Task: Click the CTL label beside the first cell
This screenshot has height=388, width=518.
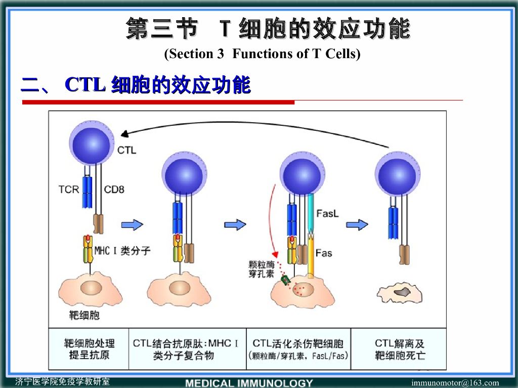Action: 126,150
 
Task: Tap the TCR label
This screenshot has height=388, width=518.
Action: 69,190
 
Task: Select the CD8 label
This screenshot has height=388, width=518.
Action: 114,190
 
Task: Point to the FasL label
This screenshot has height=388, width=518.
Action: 327,214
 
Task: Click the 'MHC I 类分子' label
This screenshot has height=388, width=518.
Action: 122,250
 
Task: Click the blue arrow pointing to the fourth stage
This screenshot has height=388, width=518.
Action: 357,224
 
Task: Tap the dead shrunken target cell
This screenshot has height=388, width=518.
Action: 403,291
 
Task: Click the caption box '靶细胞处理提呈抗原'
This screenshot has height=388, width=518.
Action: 89,349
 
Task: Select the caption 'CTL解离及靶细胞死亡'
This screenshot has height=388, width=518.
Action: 400,349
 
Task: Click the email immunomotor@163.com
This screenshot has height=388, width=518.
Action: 455,383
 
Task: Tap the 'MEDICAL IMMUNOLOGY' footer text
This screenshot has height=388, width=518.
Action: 249,383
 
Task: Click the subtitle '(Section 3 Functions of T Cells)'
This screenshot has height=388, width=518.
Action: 262,54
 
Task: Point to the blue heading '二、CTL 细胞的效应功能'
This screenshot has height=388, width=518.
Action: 136,85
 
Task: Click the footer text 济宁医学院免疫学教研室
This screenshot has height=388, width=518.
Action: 62,381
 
